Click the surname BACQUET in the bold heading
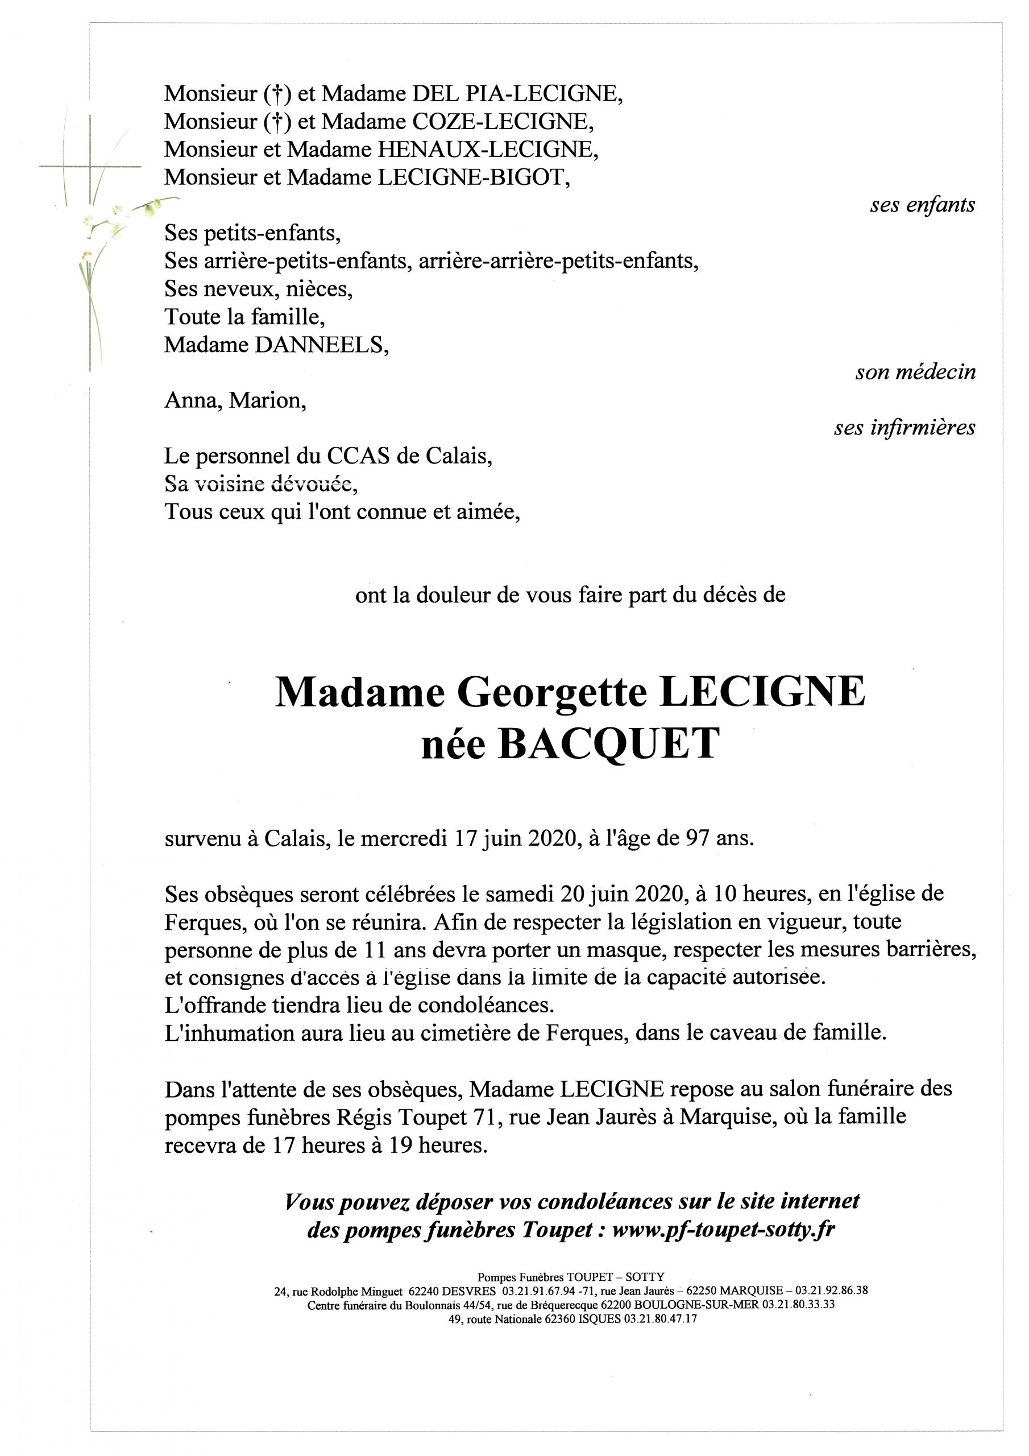click(x=609, y=743)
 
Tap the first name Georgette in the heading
click(x=551, y=693)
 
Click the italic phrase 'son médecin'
click(x=915, y=372)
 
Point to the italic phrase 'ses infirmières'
click(x=904, y=428)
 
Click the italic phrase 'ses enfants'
click(x=923, y=205)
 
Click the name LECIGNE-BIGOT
click(x=473, y=177)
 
